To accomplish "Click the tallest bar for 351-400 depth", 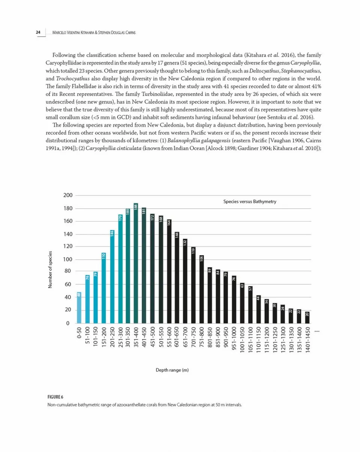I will tap(136, 263).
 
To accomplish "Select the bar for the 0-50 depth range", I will tap(79, 307).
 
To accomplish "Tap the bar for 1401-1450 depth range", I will tap(307, 317).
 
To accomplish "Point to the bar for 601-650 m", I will tap(177, 277).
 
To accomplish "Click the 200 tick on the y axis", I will tap(68, 196).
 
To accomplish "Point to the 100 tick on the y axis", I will tap(68, 259).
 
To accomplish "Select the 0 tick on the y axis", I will tap(68, 323).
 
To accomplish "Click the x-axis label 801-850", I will tap(209, 340).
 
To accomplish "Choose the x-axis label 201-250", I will tap(112, 340).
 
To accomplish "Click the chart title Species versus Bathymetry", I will tap(249, 202).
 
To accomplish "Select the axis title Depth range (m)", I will tap(172, 371).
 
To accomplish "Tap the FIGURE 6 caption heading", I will tap(55, 397).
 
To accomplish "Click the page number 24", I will tap(38, 32).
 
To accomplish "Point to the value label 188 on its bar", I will tap(136, 207).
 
